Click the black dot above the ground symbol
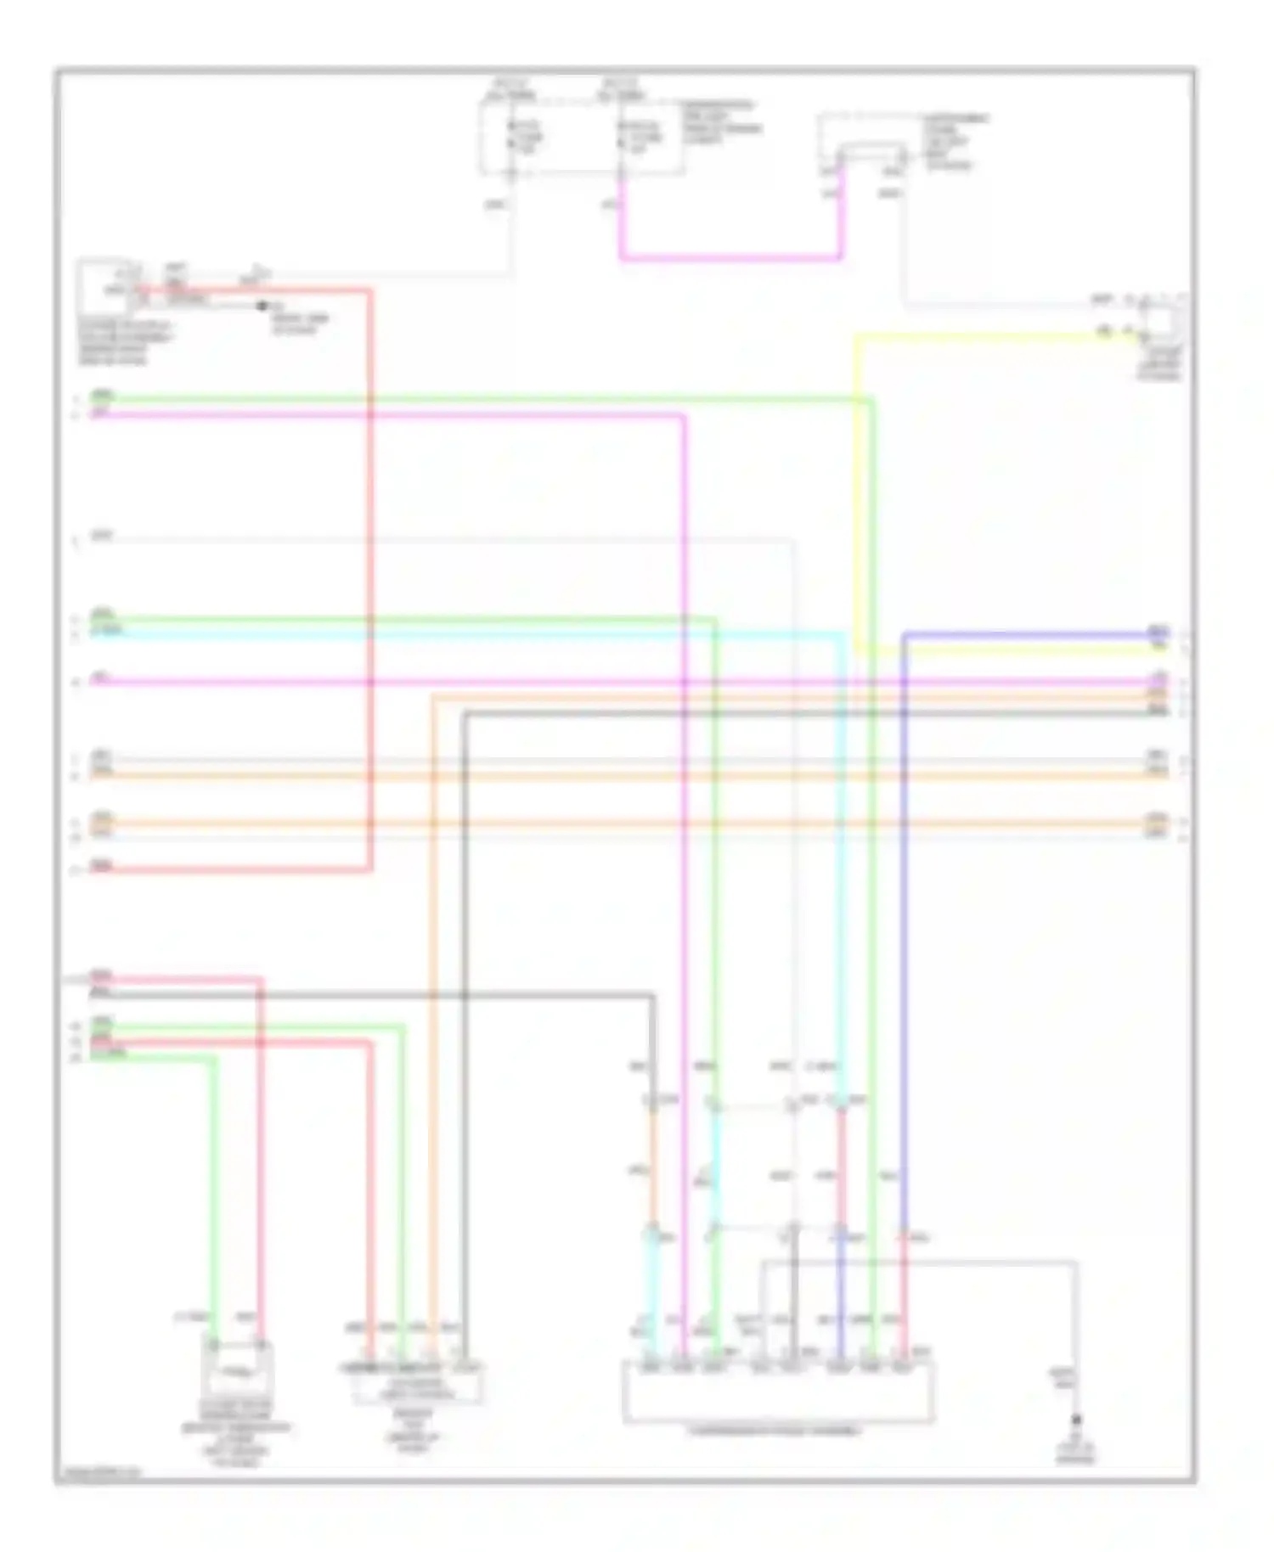[x=1076, y=1420]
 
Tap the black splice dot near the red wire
[x=262, y=306]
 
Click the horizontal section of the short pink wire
[x=730, y=257]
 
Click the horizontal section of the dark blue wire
[x=1028, y=633]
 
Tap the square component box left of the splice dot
[x=104, y=287]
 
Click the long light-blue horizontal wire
[x=467, y=633]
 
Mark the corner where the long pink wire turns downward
[x=684, y=415]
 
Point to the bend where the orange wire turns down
[x=433, y=698]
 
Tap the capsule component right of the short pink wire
[x=871, y=156]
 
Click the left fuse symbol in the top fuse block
[x=512, y=136]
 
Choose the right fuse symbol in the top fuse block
[x=623, y=136]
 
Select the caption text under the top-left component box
[x=124, y=343]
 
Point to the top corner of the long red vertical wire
[x=370, y=291]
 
